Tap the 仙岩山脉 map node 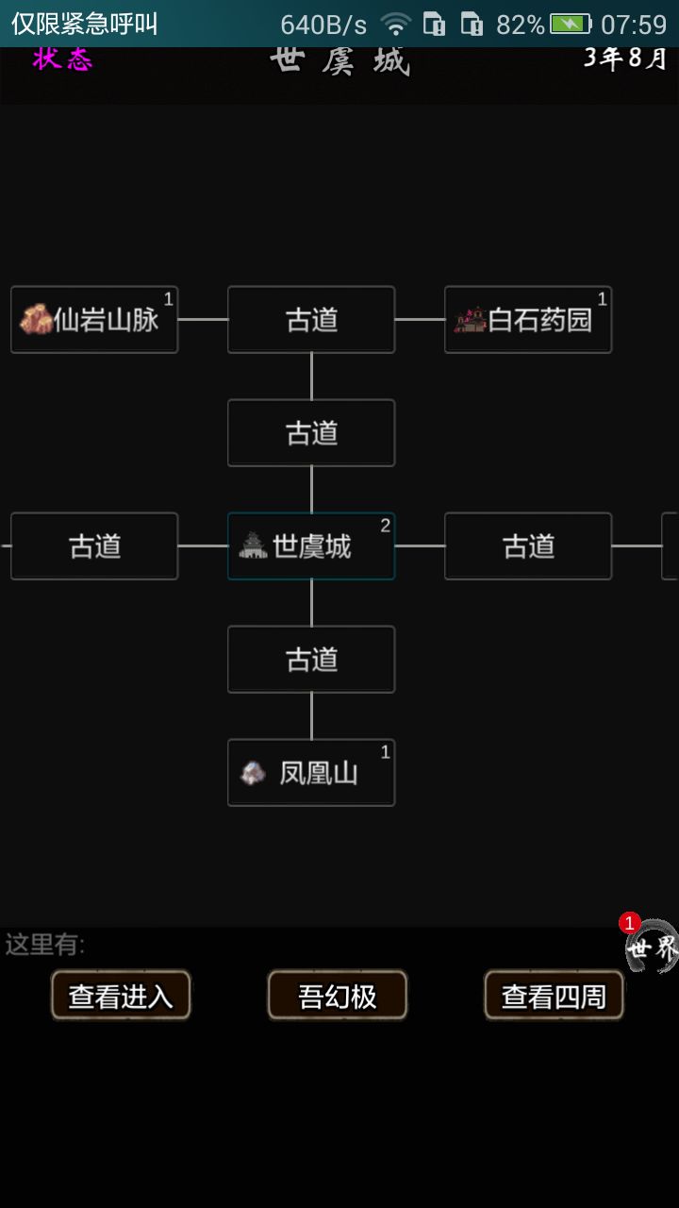click(94, 320)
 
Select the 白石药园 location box click(528, 320)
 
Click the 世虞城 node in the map click(311, 546)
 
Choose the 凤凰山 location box click(311, 773)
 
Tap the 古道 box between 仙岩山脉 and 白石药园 click(311, 320)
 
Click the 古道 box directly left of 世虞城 click(94, 546)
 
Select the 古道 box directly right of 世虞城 click(528, 546)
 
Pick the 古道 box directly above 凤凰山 click(311, 660)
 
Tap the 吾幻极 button click(338, 996)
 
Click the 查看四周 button click(554, 996)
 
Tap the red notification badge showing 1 click(629, 923)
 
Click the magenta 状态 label click(62, 59)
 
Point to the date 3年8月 click(625, 59)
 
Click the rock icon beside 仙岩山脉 click(36, 319)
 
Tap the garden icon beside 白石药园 click(470, 320)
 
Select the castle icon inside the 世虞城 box click(253, 545)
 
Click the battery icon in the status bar click(571, 25)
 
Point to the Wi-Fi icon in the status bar click(396, 25)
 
